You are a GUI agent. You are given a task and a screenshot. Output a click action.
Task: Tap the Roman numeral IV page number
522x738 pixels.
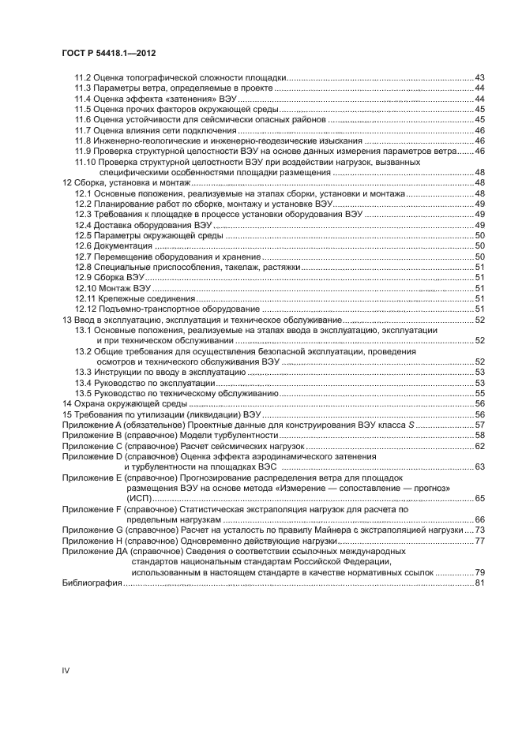(x=66, y=670)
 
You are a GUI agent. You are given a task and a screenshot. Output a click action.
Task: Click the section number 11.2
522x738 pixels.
(x=83, y=77)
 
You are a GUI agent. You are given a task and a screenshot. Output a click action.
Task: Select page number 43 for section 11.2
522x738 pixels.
(x=479, y=77)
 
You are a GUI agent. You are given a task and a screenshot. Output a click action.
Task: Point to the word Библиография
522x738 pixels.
(x=92, y=583)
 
